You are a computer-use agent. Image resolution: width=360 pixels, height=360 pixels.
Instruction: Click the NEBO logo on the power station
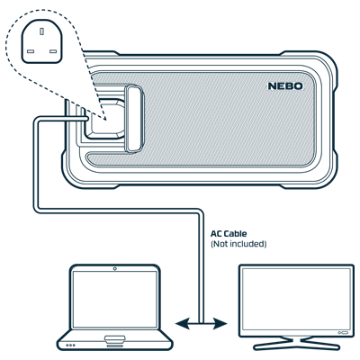pyautogui.click(x=285, y=86)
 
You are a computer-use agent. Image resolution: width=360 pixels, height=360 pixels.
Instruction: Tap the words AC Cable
pyautogui.click(x=229, y=234)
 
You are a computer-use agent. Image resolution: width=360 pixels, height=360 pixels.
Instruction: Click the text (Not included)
pyautogui.click(x=238, y=244)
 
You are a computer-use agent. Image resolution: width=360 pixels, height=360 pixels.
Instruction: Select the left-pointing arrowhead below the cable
pyautogui.click(x=183, y=323)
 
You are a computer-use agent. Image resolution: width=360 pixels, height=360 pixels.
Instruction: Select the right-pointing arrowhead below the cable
pyautogui.click(x=220, y=323)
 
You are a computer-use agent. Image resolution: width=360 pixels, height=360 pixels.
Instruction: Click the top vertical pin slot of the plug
pyautogui.click(x=42, y=31)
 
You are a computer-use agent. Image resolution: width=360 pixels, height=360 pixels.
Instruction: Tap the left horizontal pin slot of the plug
pyautogui.click(x=31, y=51)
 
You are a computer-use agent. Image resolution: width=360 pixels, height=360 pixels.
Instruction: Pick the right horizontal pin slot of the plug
pyautogui.click(x=53, y=51)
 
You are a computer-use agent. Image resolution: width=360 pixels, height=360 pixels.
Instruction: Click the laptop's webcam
pyautogui.click(x=114, y=268)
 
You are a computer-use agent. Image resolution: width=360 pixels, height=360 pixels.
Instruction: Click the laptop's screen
pyautogui.click(x=115, y=300)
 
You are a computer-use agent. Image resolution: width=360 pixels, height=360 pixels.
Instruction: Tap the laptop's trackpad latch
pyautogui.click(x=114, y=338)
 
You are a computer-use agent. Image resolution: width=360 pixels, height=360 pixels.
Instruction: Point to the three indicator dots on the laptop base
pyautogui.click(x=70, y=346)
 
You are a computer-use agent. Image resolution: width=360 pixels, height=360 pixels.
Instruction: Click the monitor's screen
pyautogui.click(x=296, y=299)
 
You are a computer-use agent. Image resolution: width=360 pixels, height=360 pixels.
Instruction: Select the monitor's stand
pyautogui.click(x=296, y=343)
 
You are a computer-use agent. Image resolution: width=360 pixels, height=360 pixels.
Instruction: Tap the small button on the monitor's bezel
pyautogui.click(x=343, y=333)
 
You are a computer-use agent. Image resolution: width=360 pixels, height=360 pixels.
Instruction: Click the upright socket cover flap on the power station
pyautogui.click(x=134, y=119)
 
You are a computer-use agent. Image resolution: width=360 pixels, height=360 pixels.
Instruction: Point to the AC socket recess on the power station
pyautogui.click(x=105, y=119)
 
